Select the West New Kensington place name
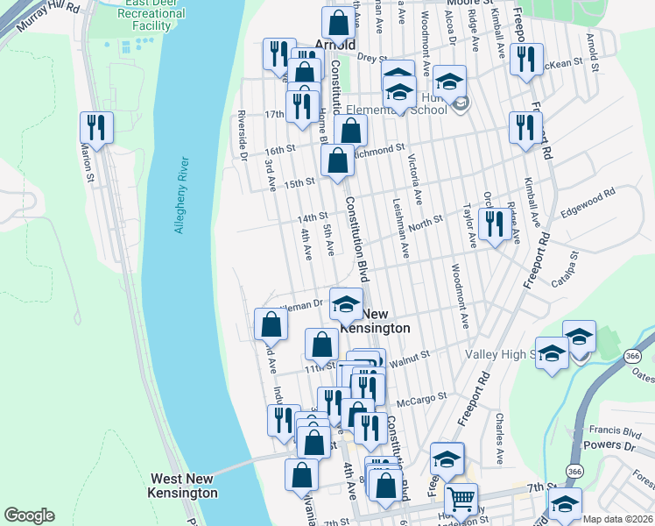pos(184,486)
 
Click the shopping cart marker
pos(461,501)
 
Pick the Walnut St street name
pos(411,356)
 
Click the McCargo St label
pos(414,402)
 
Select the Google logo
pos(29,515)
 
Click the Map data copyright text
pos(617,519)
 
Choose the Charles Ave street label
pos(498,438)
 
